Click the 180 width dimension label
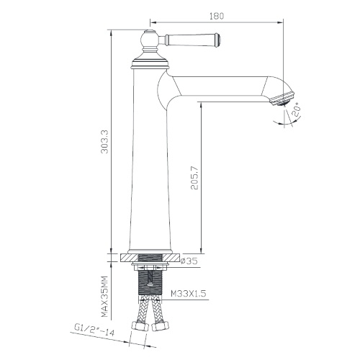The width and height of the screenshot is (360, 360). point(217,16)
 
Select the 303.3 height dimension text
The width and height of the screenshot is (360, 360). point(105,142)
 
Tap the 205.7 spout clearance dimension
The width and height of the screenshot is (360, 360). point(194,178)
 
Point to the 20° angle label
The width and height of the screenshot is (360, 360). point(297,109)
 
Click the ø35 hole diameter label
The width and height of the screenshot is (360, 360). point(189,261)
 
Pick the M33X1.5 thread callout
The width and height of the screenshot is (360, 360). point(189,294)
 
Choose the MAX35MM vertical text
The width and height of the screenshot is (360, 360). point(104,297)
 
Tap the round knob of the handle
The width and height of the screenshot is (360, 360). point(149,39)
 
